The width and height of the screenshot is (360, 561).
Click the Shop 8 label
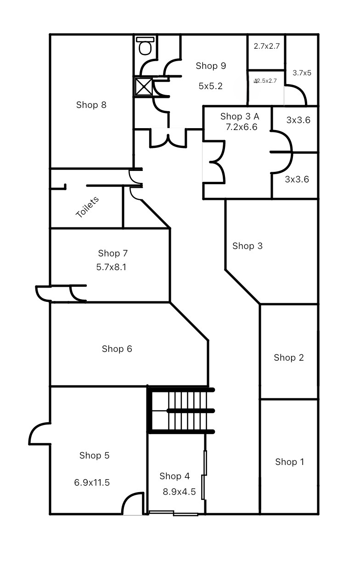91,105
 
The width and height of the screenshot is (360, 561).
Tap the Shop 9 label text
211,66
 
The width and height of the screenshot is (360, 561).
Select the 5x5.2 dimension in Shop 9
211,86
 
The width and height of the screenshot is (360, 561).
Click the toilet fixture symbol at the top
145,46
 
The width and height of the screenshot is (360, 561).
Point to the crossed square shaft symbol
143,86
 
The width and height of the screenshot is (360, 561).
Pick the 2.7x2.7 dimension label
267,46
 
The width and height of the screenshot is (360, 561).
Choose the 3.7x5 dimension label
302,73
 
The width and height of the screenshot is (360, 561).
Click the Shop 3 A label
240,116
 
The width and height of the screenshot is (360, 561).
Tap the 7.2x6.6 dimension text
242,127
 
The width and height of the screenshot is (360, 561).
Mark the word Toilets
87,207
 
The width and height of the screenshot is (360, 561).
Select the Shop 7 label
112,253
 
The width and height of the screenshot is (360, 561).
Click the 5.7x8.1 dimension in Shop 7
112,266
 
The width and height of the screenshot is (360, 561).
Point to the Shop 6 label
117,349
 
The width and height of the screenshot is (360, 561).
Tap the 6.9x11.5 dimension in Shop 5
92,482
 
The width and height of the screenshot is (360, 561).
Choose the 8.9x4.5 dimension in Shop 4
179,492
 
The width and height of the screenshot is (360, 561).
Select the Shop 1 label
289,462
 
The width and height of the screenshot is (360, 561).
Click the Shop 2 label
289,357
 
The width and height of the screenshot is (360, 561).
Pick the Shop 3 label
247,246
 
